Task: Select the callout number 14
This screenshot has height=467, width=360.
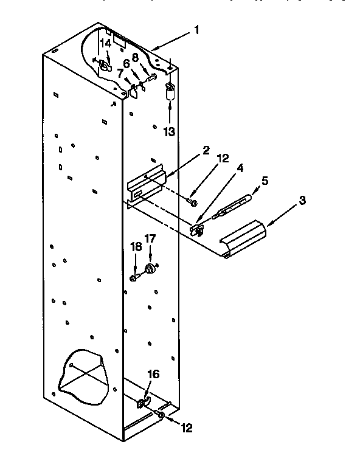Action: tap(106, 44)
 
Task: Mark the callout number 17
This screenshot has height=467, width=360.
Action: tap(149, 238)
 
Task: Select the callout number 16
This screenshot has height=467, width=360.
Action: tap(154, 375)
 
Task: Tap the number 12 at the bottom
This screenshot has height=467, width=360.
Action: tap(186, 427)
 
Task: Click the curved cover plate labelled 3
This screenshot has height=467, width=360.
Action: tap(243, 238)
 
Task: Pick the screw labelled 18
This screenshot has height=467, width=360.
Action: tap(134, 277)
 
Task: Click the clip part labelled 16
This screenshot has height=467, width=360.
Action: tap(144, 401)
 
